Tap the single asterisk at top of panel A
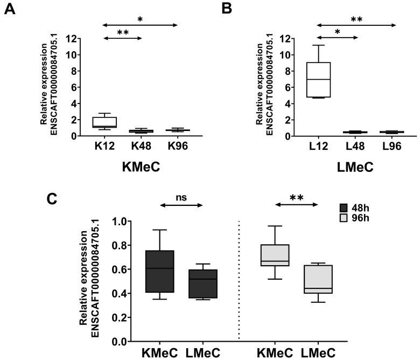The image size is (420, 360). point(141,19)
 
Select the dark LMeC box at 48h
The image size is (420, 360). point(202,283)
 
